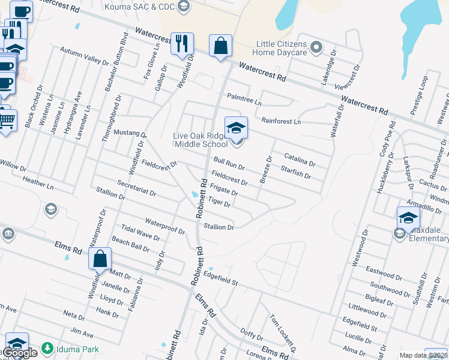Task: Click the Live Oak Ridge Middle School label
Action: coord(200,140)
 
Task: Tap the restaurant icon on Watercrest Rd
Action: coord(182,44)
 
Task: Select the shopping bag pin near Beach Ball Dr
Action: coord(100,259)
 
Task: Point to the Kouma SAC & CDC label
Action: coord(138,7)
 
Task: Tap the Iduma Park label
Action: coord(75,349)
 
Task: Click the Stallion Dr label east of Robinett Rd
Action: coord(218,227)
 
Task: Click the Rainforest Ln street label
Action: coord(281,121)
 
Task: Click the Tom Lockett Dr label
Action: coord(283,332)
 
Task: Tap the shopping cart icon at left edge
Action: coord(6,122)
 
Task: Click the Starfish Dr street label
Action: coord(295,173)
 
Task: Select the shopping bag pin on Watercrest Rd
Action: coord(221,46)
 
